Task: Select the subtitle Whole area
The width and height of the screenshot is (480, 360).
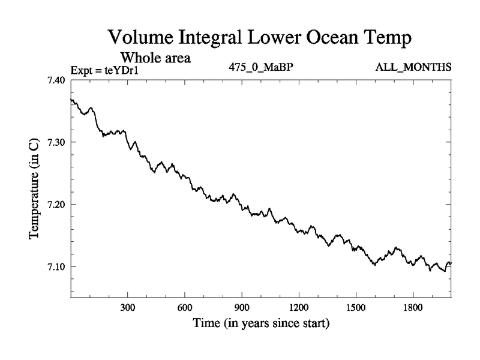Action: [x=155, y=58]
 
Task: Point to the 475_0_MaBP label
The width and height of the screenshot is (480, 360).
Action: [x=260, y=67]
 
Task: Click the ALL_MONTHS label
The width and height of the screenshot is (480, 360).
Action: [x=413, y=67]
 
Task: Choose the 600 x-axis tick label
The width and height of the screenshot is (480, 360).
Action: [x=185, y=307]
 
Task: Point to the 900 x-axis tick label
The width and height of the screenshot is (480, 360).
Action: [x=242, y=307]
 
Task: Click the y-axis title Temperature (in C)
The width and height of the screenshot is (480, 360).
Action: [x=34, y=188]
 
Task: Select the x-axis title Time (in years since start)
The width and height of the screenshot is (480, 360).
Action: [x=260, y=324]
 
